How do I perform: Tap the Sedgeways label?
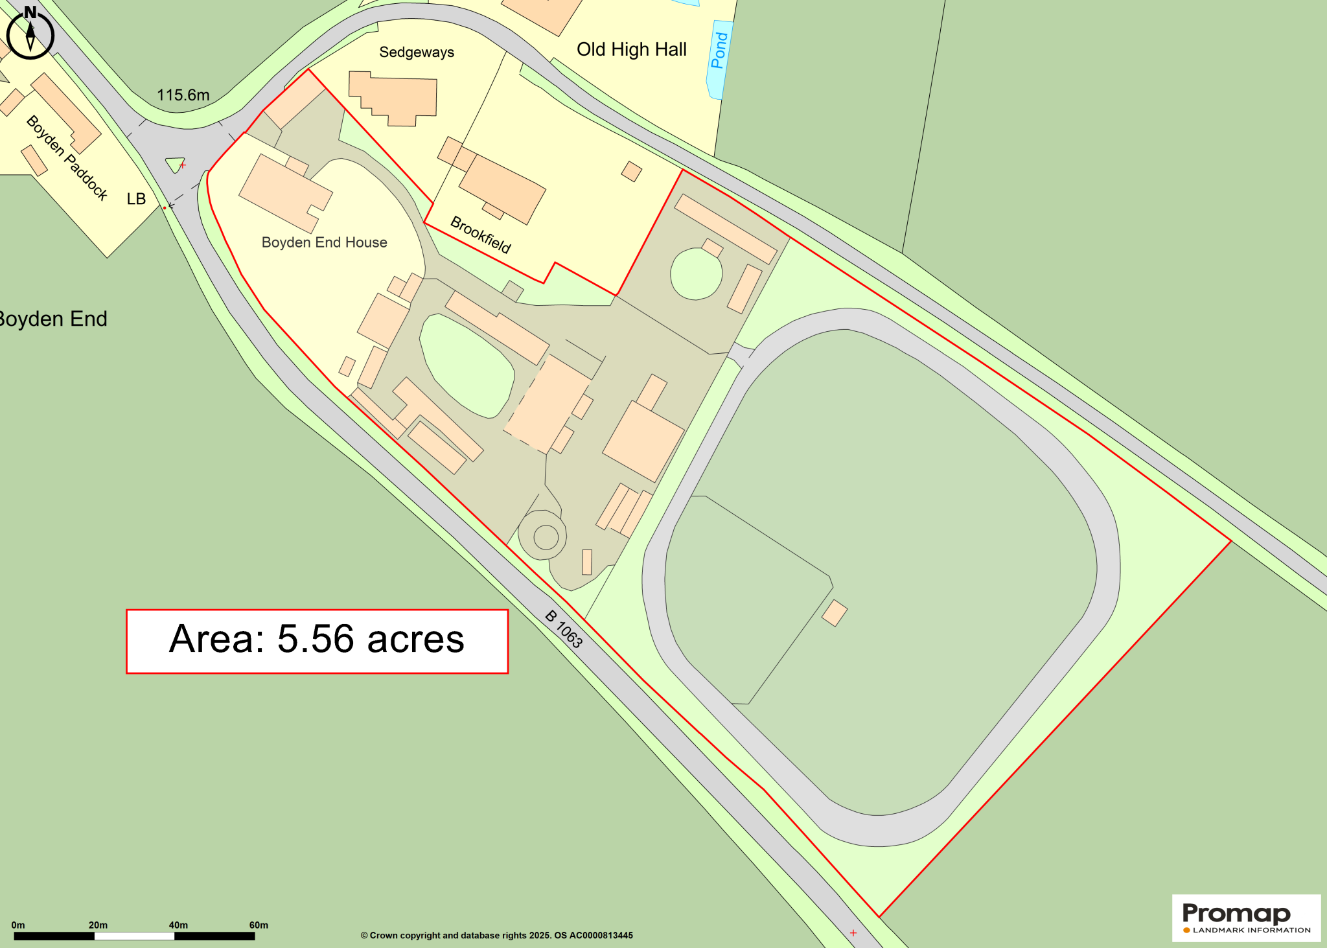coord(417,52)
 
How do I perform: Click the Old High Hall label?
coord(631,50)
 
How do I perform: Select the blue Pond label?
coord(719,51)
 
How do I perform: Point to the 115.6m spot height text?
coord(183,95)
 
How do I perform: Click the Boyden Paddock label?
coord(67,157)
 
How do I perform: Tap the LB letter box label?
coord(136,199)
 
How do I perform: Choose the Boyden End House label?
coord(324,242)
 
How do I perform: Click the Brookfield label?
coord(481,235)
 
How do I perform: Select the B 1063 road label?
coord(564,629)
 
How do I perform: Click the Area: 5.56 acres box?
coord(317,641)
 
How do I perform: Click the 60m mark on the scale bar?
coord(259,925)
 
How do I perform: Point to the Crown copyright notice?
coord(496,935)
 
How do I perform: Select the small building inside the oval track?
coord(835,613)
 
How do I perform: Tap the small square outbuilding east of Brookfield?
coord(631,172)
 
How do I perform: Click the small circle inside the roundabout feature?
coord(546,537)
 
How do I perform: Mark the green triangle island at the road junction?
coord(175,164)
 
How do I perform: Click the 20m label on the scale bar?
coord(98,925)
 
